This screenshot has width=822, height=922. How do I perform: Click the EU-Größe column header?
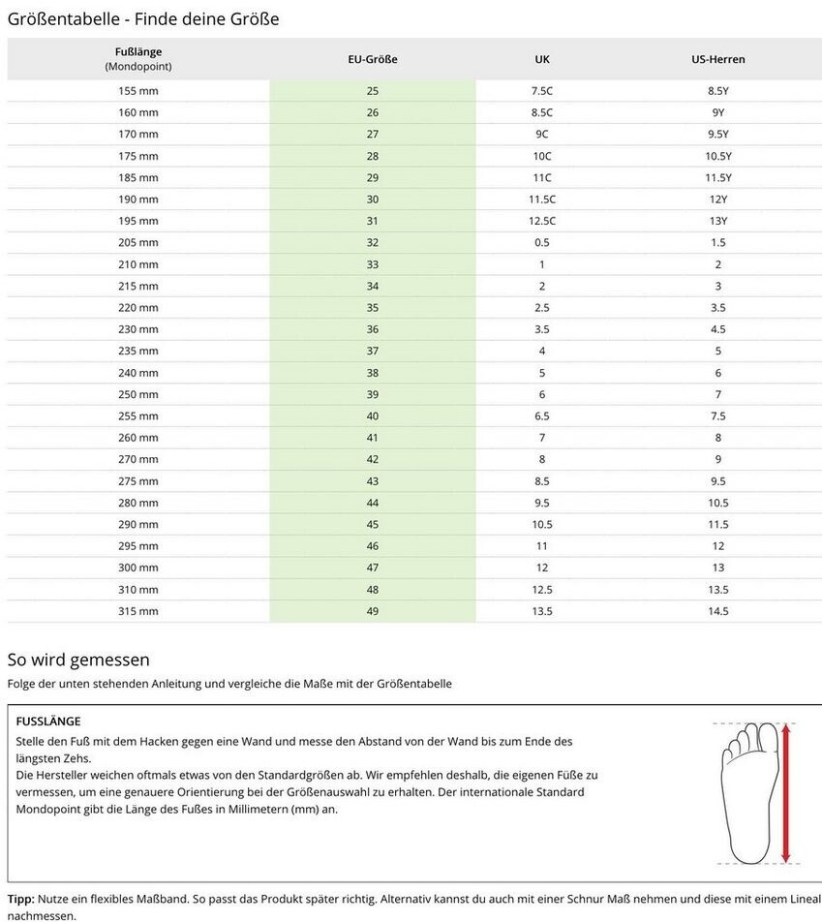tap(373, 59)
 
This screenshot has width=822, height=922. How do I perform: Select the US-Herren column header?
tap(717, 59)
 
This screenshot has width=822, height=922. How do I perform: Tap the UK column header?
tap(542, 59)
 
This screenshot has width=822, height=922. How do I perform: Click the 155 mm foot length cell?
tap(137, 91)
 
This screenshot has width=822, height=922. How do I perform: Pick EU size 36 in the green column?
tap(373, 329)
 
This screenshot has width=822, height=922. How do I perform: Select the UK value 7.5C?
tap(542, 91)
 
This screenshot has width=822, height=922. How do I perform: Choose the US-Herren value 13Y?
tap(717, 221)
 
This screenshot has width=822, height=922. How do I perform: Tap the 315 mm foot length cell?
tap(137, 611)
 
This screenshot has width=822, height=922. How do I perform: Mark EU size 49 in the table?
tap(373, 611)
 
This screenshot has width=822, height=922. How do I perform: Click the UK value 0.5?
tap(542, 242)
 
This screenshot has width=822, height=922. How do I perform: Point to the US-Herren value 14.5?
tap(717, 611)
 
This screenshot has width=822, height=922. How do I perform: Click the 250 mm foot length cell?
tap(137, 394)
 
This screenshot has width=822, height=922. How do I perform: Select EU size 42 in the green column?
tap(373, 459)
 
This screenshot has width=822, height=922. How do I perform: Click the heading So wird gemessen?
tap(78, 660)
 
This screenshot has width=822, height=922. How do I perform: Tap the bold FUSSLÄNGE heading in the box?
tap(48, 722)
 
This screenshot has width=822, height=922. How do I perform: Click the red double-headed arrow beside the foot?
tap(785, 792)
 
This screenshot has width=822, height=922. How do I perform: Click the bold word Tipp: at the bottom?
tap(20, 899)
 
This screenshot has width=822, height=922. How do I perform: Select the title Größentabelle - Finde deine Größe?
tap(143, 18)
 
